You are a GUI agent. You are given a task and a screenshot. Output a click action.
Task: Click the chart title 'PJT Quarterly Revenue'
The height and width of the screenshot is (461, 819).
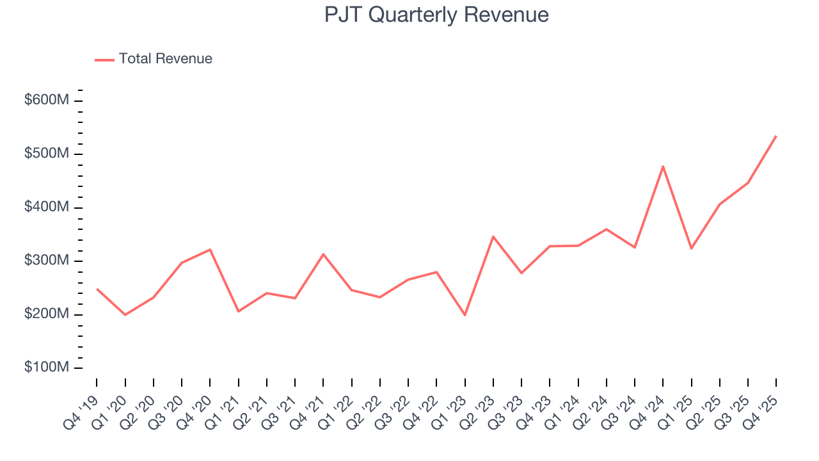click(x=436, y=15)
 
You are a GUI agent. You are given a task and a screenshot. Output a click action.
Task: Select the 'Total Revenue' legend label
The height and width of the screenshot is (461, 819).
click(x=165, y=59)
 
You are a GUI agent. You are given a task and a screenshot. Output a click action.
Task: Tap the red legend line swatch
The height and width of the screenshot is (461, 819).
click(x=104, y=60)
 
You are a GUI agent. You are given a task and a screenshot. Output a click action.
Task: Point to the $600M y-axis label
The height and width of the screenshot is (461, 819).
click(x=46, y=101)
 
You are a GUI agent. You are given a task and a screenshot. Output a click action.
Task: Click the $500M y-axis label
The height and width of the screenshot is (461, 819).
click(x=46, y=154)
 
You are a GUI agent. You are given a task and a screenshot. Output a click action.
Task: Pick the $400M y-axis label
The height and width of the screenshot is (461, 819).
click(x=46, y=207)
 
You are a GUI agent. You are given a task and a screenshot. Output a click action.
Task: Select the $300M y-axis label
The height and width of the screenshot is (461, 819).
click(x=46, y=261)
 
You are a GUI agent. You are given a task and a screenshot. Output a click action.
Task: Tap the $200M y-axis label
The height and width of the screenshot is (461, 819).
click(x=46, y=314)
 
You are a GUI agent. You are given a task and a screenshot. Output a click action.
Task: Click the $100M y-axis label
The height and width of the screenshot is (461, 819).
click(x=46, y=368)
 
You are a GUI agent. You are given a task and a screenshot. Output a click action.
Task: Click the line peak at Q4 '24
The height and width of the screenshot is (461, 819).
click(x=663, y=166)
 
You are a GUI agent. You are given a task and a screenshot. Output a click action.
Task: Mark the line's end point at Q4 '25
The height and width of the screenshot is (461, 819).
click(x=776, y=136)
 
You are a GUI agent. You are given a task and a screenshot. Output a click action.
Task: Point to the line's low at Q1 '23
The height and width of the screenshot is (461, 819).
click(x=465, y=315)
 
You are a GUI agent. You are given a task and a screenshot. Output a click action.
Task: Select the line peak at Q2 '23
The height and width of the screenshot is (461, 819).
click(x=493, y=236)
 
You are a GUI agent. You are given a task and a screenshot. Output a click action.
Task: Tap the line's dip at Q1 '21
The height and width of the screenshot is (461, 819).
click(x=239, y=311)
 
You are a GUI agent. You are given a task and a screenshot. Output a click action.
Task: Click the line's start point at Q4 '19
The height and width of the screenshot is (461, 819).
click(x=97, y=289)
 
